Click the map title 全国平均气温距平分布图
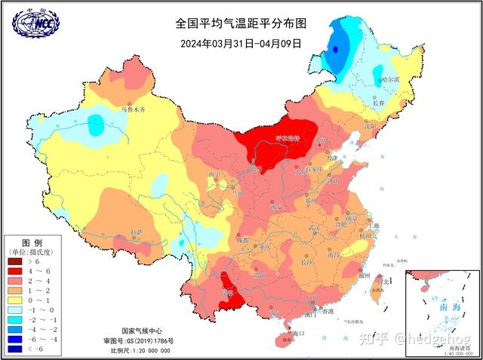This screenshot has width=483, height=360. point(241,25)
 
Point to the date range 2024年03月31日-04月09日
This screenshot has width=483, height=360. point(241,43)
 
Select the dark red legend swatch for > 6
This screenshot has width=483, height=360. point(15,261)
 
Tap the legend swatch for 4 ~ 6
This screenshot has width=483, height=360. point(15,271)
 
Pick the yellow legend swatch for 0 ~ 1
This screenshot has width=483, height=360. point(15,300)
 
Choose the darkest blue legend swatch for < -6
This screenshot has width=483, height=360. point(15,349)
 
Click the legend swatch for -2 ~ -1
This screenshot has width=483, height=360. point(15,320)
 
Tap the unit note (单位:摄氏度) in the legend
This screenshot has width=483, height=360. point(32,251)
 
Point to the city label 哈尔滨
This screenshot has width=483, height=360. point(389,78)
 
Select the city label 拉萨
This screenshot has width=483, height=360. point(136,232)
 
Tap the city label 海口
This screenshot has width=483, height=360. point(297,333)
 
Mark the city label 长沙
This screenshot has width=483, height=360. point(306,263)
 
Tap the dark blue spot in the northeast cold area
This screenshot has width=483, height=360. point(334,49)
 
